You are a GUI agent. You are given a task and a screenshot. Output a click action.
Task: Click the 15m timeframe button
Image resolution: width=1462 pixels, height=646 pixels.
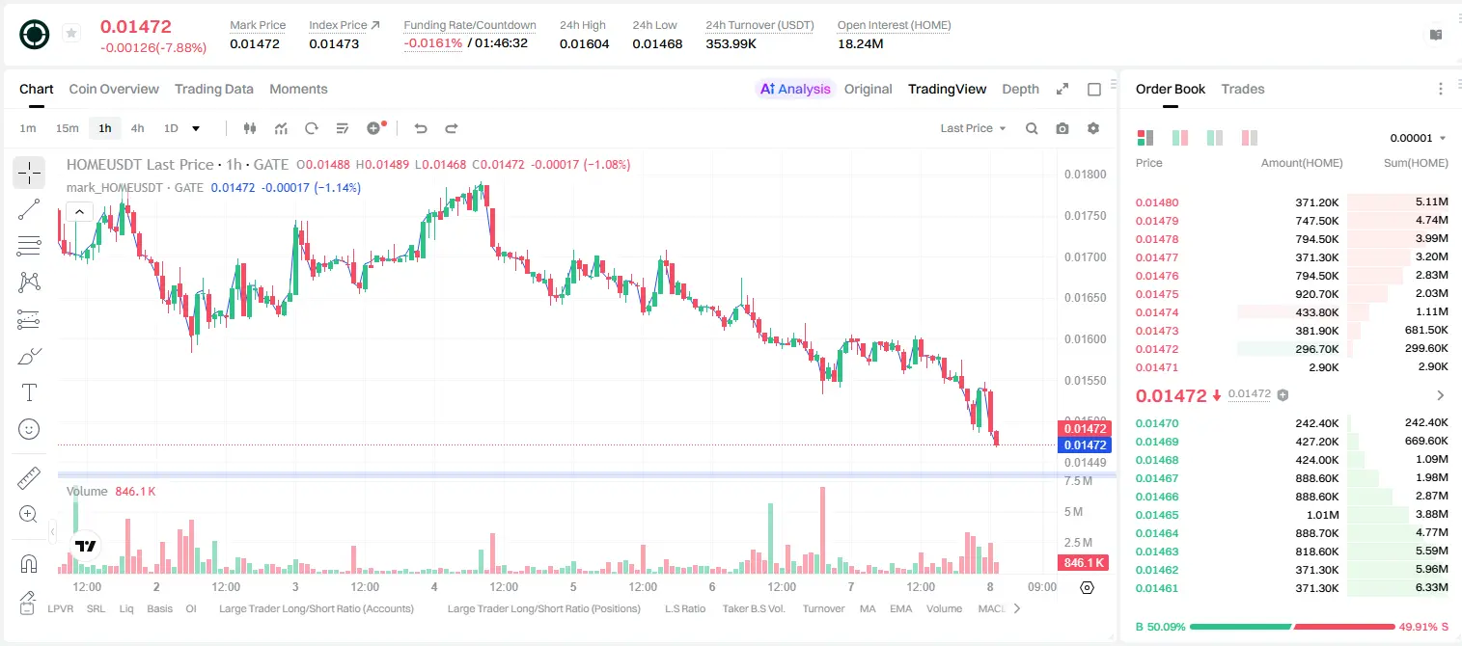67,128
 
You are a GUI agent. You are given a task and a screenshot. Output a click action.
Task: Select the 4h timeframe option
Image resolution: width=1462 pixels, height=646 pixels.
137,128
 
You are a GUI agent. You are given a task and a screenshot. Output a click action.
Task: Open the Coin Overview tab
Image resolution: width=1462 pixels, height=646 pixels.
114,89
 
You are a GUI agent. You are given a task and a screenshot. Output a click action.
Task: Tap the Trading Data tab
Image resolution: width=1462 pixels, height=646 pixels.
214,89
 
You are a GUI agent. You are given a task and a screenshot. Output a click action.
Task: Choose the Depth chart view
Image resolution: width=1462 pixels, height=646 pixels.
1020,89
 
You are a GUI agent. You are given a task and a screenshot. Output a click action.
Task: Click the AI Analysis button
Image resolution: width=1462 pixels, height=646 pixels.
795,89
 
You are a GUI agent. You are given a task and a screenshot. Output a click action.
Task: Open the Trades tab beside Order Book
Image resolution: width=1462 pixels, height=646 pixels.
1243,89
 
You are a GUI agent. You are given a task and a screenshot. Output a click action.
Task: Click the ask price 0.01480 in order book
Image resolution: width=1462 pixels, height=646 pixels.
1157,202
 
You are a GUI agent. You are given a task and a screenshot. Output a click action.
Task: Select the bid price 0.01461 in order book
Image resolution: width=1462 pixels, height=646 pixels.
1157,588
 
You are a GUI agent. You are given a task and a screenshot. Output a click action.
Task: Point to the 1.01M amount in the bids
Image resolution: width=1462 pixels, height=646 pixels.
1322,515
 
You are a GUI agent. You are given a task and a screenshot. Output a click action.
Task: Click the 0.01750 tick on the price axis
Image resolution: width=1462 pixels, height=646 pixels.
1086,216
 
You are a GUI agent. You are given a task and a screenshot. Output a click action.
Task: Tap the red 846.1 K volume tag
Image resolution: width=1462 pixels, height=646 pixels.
1083,562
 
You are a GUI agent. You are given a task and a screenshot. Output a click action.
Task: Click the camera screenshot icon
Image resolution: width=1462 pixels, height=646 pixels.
1062,128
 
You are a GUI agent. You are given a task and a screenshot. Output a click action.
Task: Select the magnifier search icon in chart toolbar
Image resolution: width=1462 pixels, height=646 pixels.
1032,128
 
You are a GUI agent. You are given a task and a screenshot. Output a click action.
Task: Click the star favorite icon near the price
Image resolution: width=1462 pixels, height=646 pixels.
71,33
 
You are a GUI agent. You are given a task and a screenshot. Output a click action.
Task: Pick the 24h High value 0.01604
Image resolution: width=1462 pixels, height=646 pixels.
584,43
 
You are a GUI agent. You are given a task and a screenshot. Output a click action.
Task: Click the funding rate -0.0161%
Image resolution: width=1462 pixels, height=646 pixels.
432,43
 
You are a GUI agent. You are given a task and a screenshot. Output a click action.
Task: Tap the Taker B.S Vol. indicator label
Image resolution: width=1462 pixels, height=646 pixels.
753,608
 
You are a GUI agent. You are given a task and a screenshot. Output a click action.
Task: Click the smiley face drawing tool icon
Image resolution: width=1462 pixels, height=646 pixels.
29,429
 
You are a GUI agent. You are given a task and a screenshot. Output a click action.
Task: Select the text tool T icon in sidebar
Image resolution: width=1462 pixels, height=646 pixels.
29,392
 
